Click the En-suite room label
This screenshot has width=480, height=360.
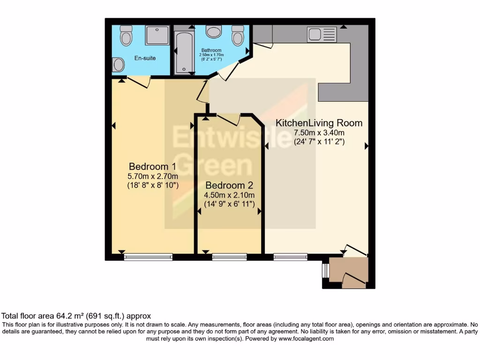click(x=145, y=58)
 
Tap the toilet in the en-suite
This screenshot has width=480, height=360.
click(x=126, y=35)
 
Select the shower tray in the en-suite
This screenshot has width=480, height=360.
click(x=157, y=36)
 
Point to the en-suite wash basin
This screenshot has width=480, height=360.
click(x=119, y=65)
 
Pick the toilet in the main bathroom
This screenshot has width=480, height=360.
click(x=238, y=35)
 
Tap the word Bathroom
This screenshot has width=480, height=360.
click(x=211, y=50)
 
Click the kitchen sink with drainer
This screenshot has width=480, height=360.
click(x=322, y=34)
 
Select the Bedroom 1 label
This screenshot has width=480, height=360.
click(x=152, y=166)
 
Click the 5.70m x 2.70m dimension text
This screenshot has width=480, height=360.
click(x=153, y=176)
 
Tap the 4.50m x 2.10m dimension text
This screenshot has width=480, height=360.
click(x=229, y=195)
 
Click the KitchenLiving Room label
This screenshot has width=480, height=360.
click(x=319, y=123)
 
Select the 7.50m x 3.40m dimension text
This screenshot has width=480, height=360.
click(x=319, y=133)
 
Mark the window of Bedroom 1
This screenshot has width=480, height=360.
click(x=148, y=256)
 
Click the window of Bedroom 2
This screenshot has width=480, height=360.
click(x=229, y=256)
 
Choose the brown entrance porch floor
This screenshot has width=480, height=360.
click(x=348, y=270)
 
